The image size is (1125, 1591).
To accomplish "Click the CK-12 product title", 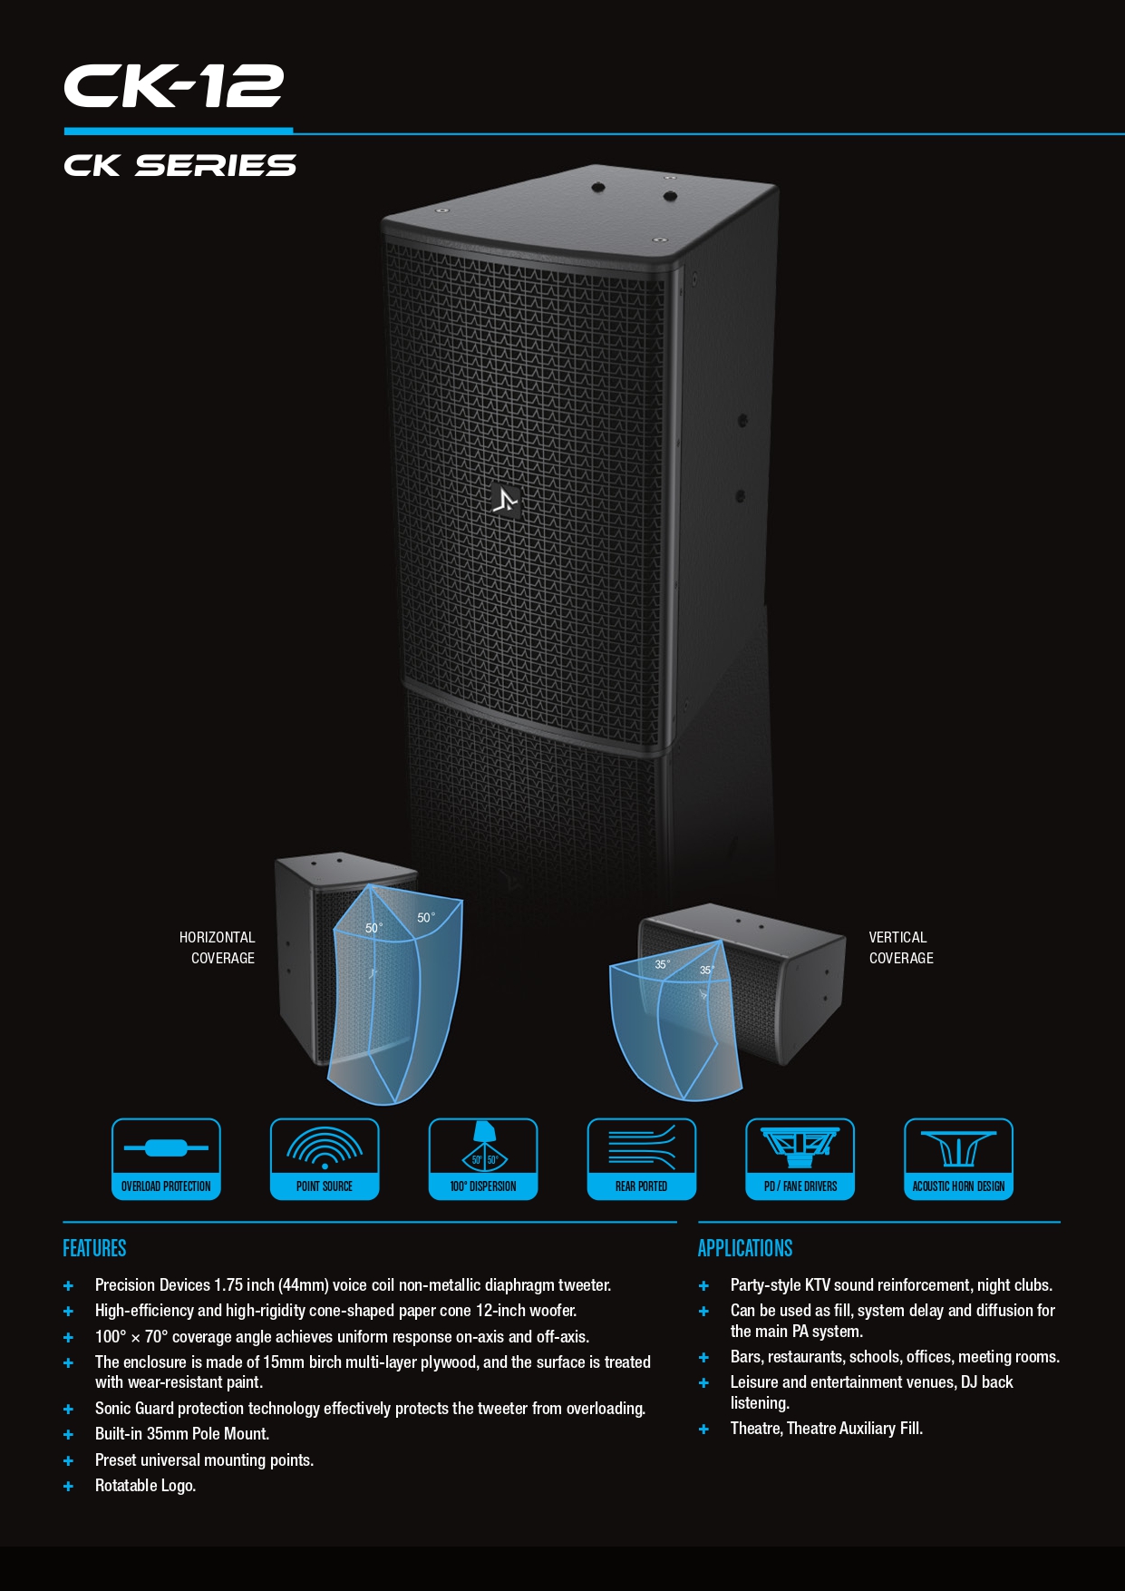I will pyautogui.click(x=173, y=86).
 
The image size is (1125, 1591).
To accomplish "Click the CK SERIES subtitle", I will pyautogui.click(x=179, y=165).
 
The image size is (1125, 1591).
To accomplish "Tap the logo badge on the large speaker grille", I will pyautogui.click(x=506, y=500).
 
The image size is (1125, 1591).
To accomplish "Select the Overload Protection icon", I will pyautogui.click(x=166, y=1158).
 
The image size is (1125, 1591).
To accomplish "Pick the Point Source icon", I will pyautogui.click(x=325, y=1158).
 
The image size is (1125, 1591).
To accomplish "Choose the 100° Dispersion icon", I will pyautogui.click(x=483, y=1158).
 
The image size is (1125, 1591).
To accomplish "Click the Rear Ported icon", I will pyautogui.click(x=642, y=1158).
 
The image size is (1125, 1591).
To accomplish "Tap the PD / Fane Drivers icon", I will pyautogui.click(x=800, y=1158).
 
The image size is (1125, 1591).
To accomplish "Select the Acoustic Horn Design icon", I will pyautogui.click(x=958, y=1158).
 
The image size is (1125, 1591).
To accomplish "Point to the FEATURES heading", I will pyautogui.click(x=94, y=1248).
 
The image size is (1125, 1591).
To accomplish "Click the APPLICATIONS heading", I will pyautogui.click(x=745, y=1248).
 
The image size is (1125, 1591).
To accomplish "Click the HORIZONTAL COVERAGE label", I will pyautogui.click(x=218, y=947).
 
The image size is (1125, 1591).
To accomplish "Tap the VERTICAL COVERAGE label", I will pyautogui.click(x=900, y=947).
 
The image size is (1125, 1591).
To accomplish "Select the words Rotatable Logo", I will pyautogui.click(x=145, y=1485).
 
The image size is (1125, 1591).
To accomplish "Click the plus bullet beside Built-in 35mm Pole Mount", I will pyautogui.click(x=68, y=1434).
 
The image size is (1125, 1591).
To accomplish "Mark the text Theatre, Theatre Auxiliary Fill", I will pyautogui.click(x=826, y=1428).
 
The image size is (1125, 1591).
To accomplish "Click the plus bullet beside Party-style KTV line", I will pyautogui.click(x=703, y=1285).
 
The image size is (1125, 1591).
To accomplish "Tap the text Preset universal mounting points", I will pyautogui.click(x=204, y=1459).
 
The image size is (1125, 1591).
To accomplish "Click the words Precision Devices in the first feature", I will pyautogui.click(x=152, y=1284).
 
